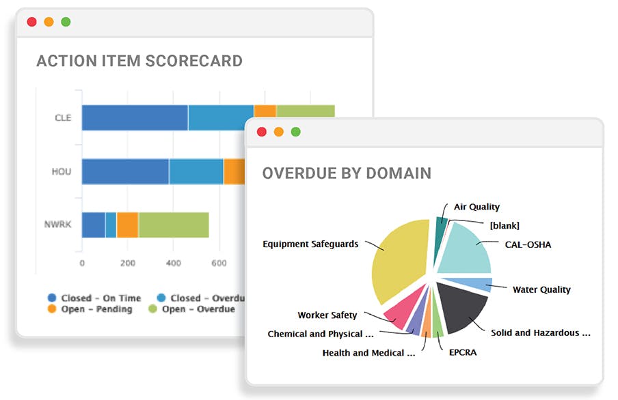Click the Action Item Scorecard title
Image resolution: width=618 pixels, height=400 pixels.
pos(139,61)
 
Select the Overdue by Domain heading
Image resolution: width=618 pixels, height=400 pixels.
pos(347,173)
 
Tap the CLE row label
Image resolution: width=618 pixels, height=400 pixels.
pos(63,117)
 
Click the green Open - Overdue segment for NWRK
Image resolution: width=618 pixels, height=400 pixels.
pos(173,225)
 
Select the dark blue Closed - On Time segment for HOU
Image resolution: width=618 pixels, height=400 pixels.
pos(125,171)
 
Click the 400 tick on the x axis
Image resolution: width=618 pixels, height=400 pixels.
pos(174,263)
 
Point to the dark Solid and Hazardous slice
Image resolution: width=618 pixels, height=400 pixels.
pos(461,304)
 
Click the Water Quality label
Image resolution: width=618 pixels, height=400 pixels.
pos(541,289)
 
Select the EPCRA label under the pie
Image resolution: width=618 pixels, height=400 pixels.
pos(462,353)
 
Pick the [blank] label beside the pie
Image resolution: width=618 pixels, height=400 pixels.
pos(505,225)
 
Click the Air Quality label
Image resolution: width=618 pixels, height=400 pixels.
pos(476,207)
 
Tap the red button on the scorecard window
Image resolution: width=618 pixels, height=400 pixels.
pos(31,22)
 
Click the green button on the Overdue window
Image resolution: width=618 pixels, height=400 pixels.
pos(295,132)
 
